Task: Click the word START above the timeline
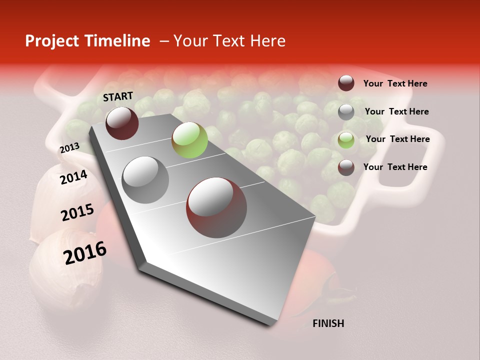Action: click(118, 96)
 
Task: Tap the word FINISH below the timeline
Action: click(328, 323)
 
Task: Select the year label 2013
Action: click(69, 148)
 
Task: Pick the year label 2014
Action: click(73, 177)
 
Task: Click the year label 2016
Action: click(85, 253)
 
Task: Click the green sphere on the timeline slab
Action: click(189, 140)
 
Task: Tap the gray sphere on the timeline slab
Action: click(145, 180)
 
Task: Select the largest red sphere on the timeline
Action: click(216, 207)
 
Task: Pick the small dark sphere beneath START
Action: click(122, 123)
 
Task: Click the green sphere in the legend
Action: click(346, 139)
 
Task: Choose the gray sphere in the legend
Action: click(346, 112)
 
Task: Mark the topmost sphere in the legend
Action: click(346, 83)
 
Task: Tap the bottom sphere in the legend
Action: click(346, 167)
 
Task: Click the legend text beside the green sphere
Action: click(397, 139)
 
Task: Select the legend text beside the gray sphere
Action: click(396, 111)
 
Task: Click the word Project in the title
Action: click(52, 41)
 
